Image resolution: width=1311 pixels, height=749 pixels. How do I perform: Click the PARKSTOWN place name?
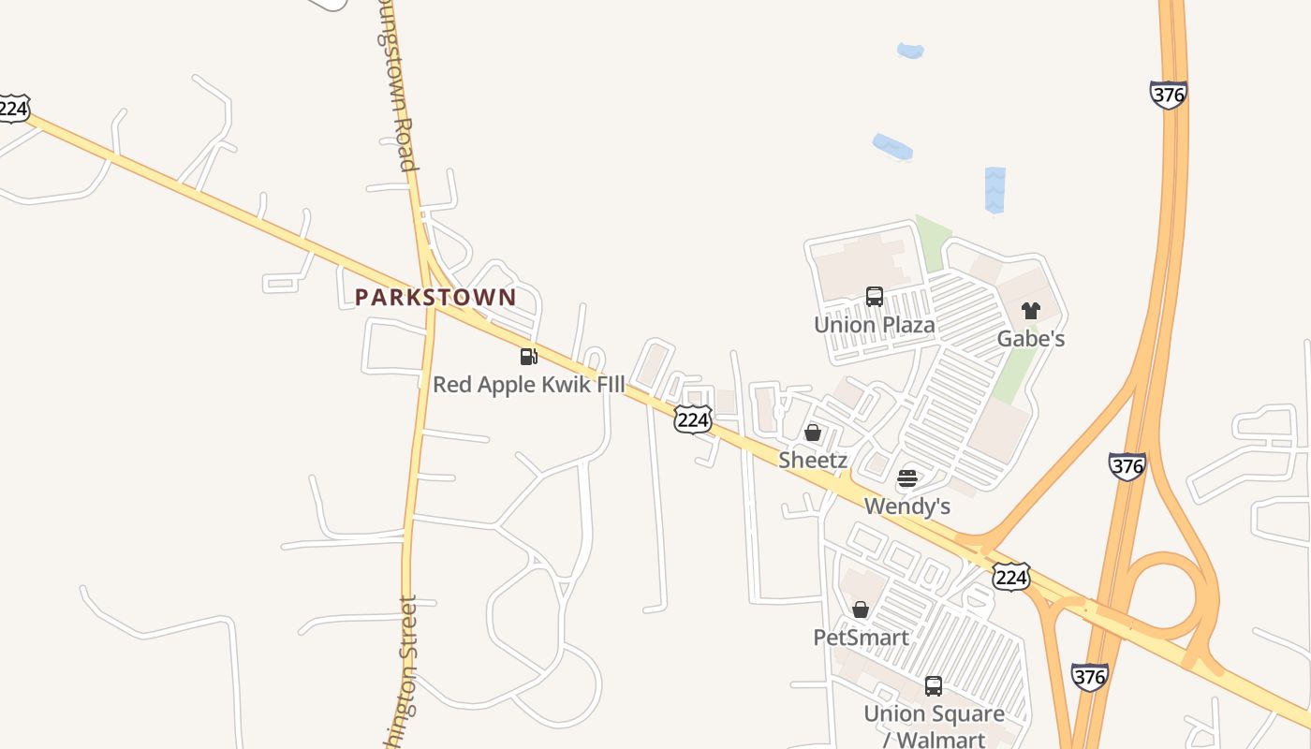[x=435, y=298]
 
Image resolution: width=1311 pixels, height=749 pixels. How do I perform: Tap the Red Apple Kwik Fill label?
[x=528, y=385]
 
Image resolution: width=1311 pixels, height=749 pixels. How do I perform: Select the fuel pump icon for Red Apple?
[x=528, y=356]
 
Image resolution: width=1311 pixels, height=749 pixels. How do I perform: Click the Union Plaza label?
[x=874, y=325]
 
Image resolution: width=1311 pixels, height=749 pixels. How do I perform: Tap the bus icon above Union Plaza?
[x=874, y=297]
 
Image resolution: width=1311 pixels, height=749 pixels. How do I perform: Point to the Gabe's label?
[x=1030, y=339]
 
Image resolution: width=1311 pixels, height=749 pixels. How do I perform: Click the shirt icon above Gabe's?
[x=1030, y=311]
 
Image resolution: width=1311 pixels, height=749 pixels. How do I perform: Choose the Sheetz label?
[x=813, y=460]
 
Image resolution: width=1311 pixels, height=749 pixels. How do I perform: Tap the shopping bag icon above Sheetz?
[x=813, y=433]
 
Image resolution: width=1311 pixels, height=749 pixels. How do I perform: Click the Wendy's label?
[x=906, y=507]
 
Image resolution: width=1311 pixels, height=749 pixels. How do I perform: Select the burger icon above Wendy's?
[x=906, y=478]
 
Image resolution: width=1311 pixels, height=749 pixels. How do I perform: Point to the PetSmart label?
[x=861, y=638]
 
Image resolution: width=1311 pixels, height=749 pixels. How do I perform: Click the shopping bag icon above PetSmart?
[x=861, y=609]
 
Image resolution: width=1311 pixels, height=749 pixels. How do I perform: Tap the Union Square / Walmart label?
[x=934, y=726]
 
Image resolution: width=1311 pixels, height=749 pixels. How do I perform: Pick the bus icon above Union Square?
[x=934, y=685]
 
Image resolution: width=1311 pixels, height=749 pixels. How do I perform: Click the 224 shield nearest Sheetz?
[x=692, y=420]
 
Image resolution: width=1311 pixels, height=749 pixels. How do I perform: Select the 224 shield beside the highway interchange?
[x=1011, y=577]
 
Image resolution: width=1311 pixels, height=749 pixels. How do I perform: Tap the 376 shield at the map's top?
[x=1168, y=95]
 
